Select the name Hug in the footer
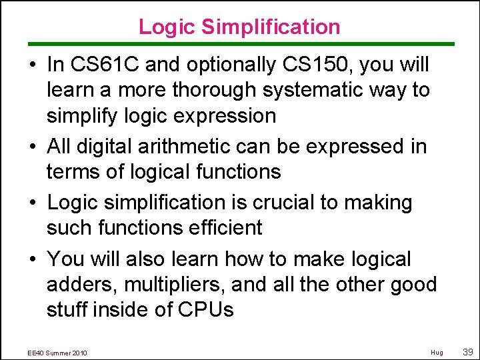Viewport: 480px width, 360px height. [x=437, y=352]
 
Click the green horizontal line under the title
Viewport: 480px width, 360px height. [x=240, y=44]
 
